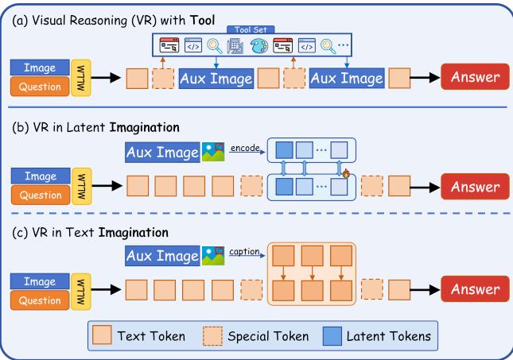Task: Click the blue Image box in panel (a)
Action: coord(39,68)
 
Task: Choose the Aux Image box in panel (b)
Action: coord(163,153)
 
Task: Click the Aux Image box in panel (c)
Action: coord(163,256)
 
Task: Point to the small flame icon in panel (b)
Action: coord(347,172)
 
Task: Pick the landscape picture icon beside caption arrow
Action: coord(212,256)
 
